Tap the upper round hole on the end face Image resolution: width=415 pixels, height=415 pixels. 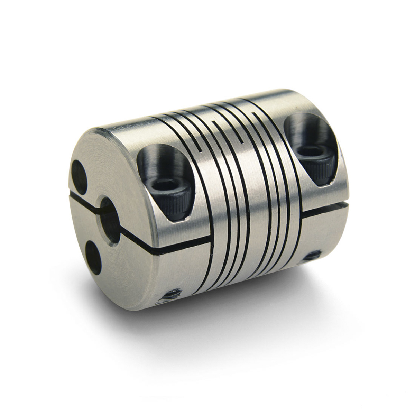pos(79,170)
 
